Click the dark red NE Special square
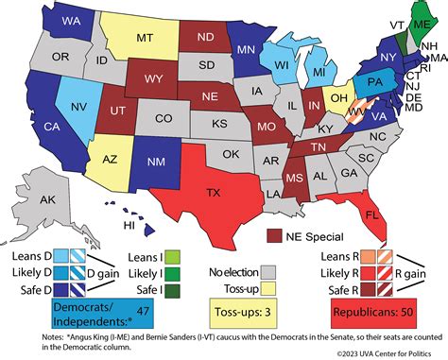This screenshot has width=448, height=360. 274,234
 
